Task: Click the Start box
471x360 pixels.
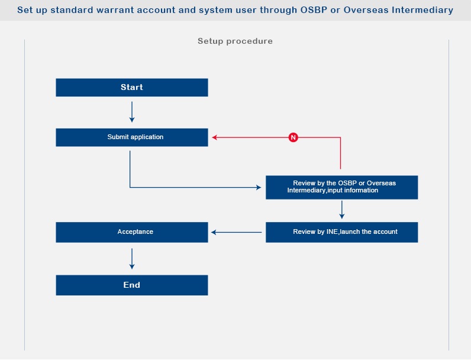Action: coord(132,88)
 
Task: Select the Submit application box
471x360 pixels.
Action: coord(132,137)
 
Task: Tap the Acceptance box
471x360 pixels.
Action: coord(132,232)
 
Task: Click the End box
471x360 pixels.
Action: coord(132,285)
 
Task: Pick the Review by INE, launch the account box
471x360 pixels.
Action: coord(342,232)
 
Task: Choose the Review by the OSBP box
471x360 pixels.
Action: coord(342,188)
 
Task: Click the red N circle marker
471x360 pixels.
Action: coord(293,137)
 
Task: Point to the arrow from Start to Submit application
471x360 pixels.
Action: coord(132,112)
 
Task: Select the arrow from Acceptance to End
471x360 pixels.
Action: coord(132,259)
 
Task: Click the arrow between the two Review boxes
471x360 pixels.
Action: coord(342,210)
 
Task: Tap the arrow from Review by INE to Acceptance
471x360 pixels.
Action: coord(237,232)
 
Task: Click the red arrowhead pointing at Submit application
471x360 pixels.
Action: coord(214,137)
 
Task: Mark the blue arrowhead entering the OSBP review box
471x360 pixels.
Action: coord(259,188)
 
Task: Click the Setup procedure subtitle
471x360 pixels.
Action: coord(235,41)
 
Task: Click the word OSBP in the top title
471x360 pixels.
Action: coord(314,10)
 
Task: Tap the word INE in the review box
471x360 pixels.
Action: coord(332,232)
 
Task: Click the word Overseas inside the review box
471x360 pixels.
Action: coord(381,183)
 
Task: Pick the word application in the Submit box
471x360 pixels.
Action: coord(147,137)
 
